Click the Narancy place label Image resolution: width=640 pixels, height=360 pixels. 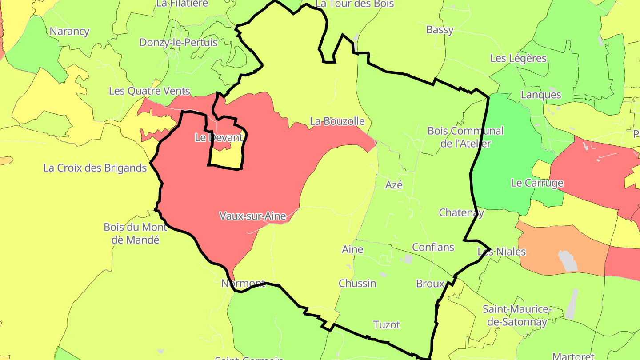(x=69, y=32)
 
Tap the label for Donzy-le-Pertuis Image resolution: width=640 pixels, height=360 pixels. (x=178, y=43)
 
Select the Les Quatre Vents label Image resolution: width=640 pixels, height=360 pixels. (x=149, y=91)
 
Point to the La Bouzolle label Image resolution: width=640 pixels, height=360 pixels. (x=337, y=121)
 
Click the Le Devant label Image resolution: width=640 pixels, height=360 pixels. (x=219, y=138)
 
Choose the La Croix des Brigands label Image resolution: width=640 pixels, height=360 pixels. (x=95, y=168)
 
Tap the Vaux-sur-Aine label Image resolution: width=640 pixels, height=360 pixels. (x=252, y=216)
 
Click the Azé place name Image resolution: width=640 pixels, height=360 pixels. (x=394, y=185)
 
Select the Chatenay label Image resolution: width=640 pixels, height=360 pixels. (x=461, y=212)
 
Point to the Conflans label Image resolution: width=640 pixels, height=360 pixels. (x=433, y=247)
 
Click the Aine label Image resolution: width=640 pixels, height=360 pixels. (x=352, y=249)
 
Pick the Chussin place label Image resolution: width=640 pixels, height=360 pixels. (x=357, y=283)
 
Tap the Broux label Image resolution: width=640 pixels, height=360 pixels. (x=430, y=284)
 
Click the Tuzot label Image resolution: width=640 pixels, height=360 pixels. (x=386, y=324)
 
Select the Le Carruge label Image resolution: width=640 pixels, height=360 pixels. (x=537, y=183)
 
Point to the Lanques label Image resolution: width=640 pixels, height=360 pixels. (x=540, y=95)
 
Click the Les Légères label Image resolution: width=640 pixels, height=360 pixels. (x=518, y=58)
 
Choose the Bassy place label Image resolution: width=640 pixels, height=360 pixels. (x=440, y=30)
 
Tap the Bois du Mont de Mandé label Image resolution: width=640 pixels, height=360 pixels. (x=135, y=233)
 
